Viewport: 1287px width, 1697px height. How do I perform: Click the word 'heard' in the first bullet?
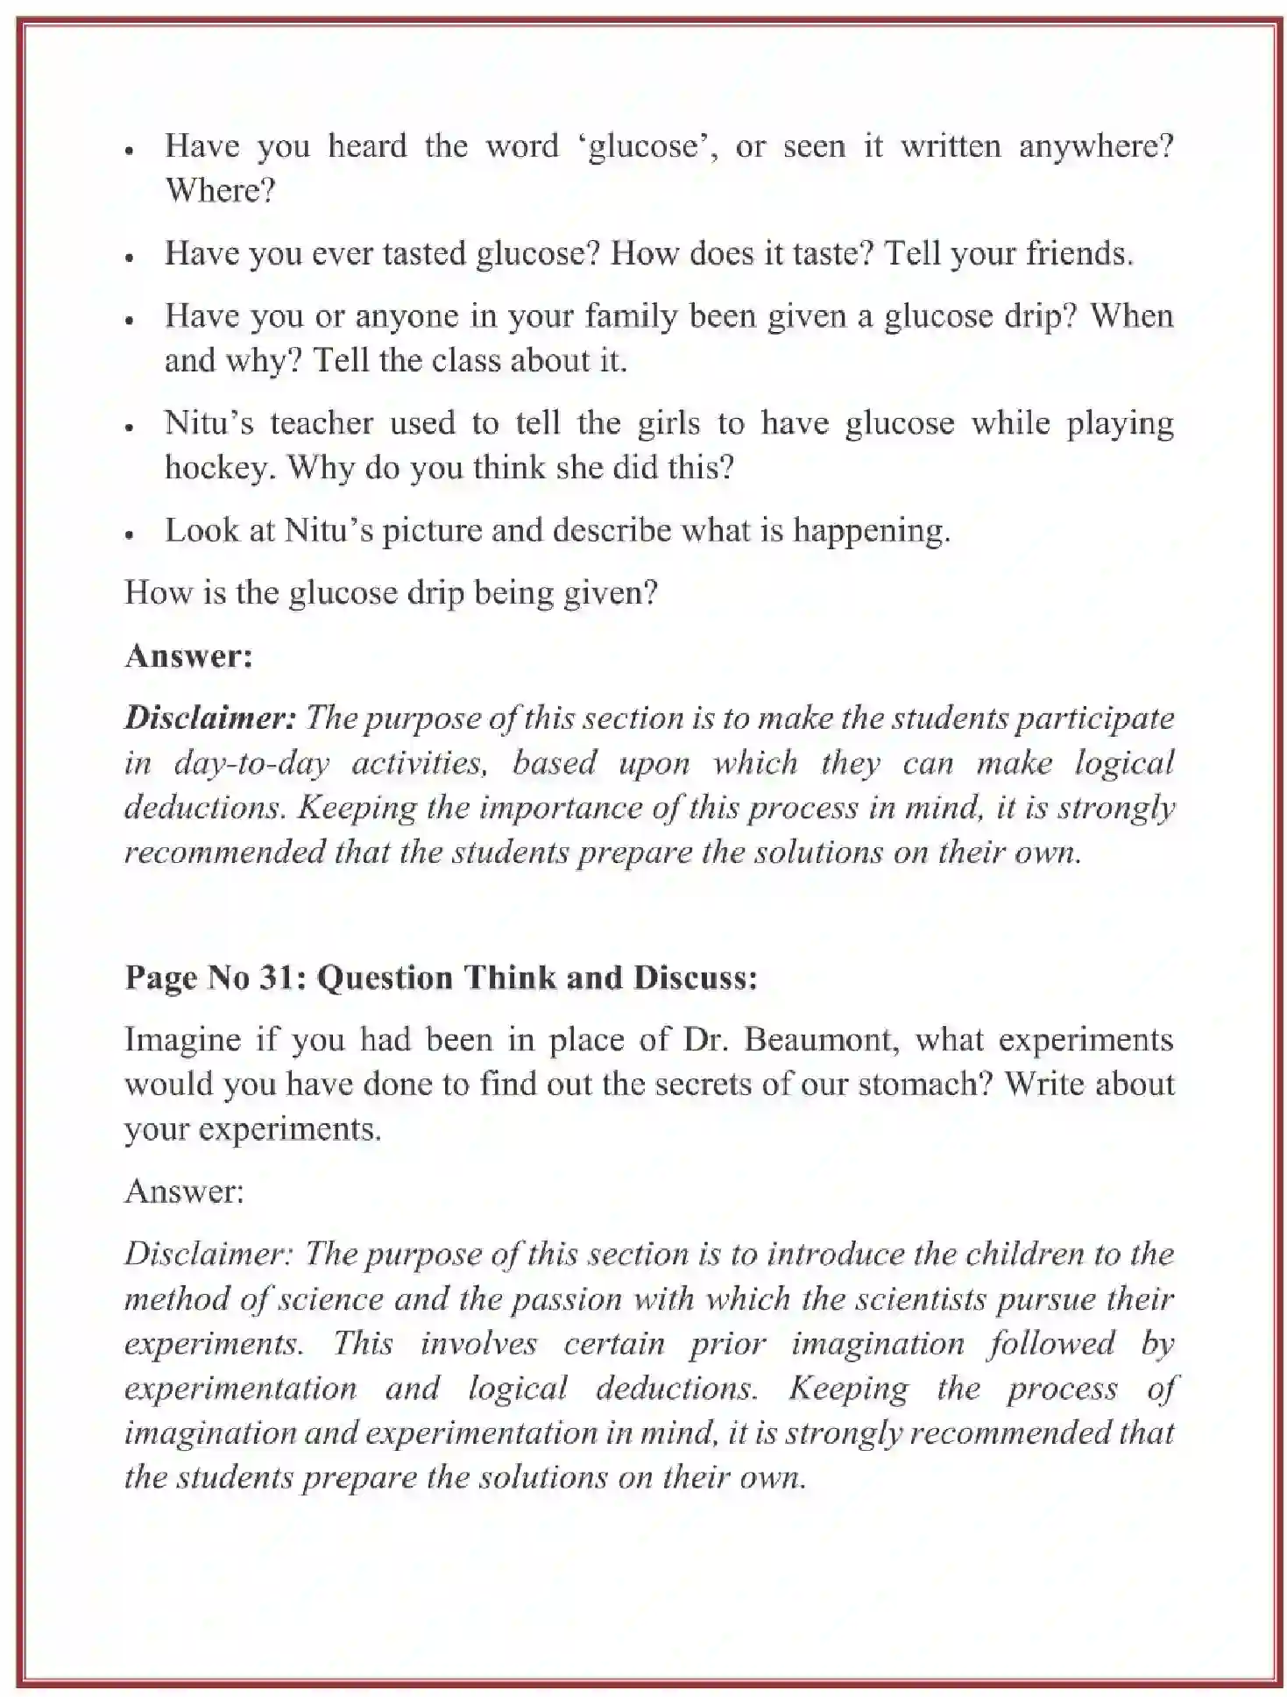point(367,145)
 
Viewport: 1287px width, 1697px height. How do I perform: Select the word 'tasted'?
point(424,253)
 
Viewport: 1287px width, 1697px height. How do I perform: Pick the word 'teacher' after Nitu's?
point(321,423)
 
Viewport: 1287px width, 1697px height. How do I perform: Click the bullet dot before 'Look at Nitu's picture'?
point(129,534)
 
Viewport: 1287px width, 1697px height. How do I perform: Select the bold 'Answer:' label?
point(188,655)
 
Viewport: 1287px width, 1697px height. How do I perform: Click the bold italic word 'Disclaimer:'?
point(210,718)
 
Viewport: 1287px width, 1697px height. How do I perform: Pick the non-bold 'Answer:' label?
point(184,1191)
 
